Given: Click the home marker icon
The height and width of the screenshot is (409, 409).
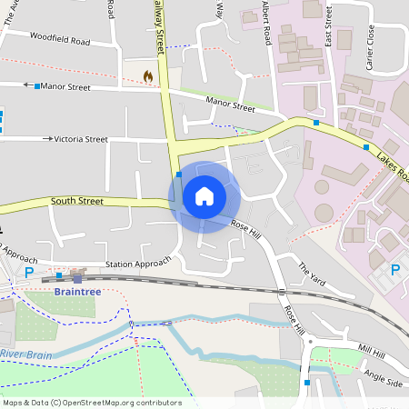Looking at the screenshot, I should pyautogui.click(x=204, y=196).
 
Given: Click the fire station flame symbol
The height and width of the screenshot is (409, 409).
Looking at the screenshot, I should pyautogui.click(x=148, y=77).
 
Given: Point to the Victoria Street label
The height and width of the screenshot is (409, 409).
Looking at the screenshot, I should pyautogui.click(x=83, y=139).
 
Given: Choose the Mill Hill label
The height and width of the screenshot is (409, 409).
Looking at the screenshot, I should pyautogui.click(x=372, y=350).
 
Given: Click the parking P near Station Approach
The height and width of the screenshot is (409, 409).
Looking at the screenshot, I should pyautogui.click(x=29, y=272).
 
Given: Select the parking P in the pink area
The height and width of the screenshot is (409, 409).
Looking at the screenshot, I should pyautogui.click(x=395, y=270).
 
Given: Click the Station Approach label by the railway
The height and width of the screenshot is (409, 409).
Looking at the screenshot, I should pyautogui.click(x=138, y=264).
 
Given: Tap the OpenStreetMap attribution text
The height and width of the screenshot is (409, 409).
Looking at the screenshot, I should pyautogui.click(x=91, y=403).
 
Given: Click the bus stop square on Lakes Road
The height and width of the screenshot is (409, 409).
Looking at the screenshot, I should pyautogui.click(x=366, y=147).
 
